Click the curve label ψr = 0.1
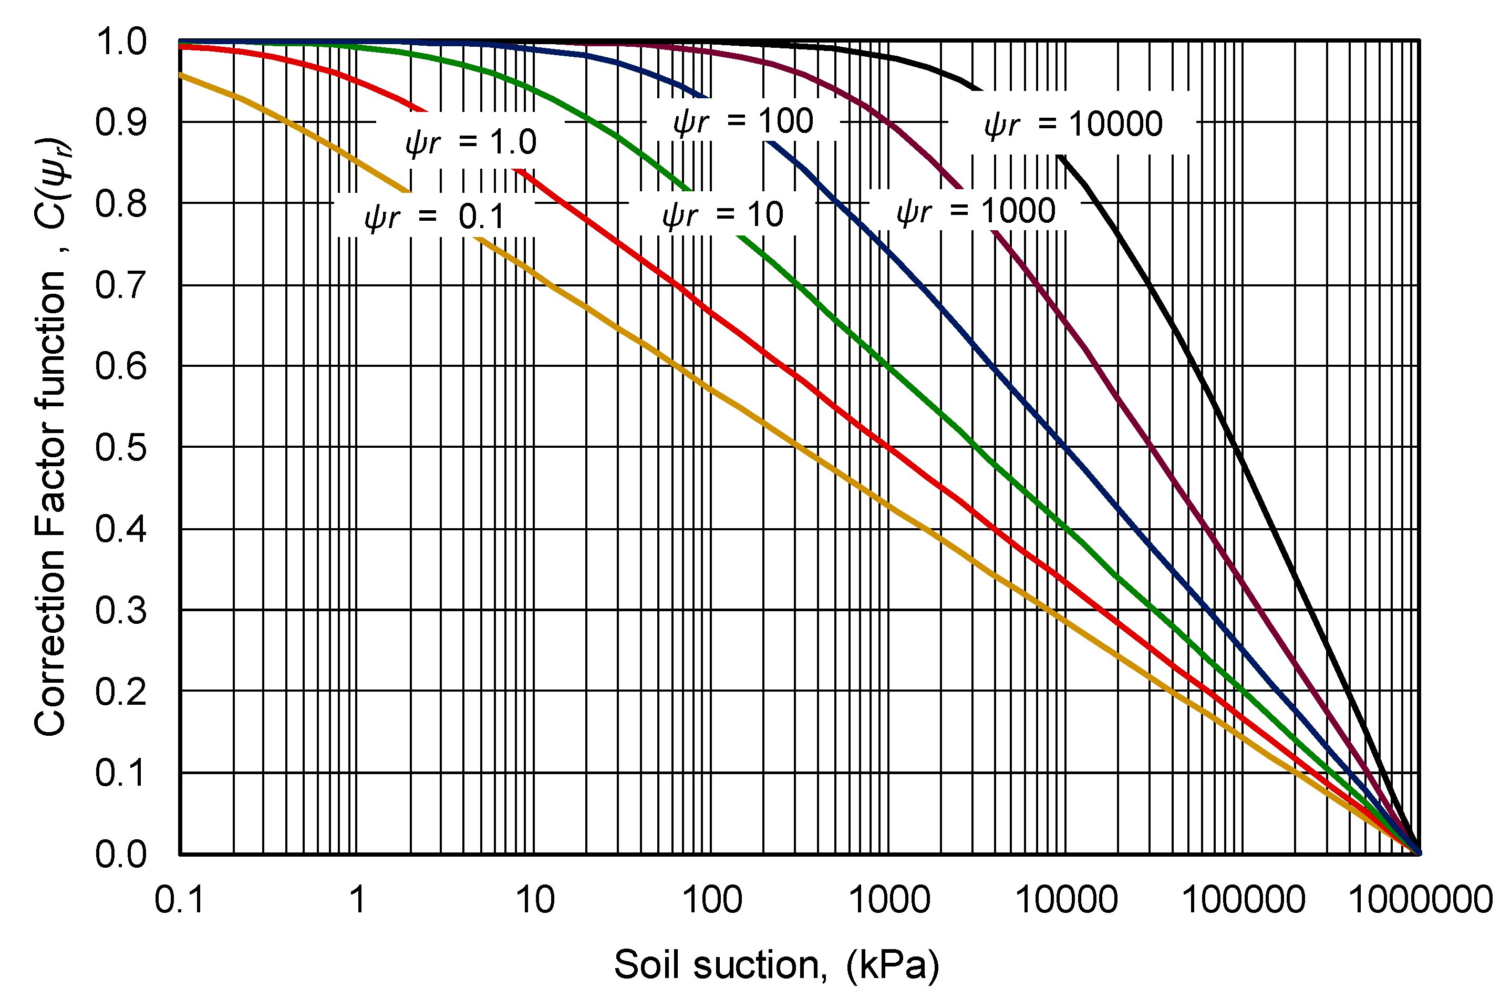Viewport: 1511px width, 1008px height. [x=435, y=217]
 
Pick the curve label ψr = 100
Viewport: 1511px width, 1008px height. [x=743, y=121]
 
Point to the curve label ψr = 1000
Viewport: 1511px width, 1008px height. [x=976, y=211]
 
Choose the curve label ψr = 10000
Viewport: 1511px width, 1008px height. [x=1073, y=124]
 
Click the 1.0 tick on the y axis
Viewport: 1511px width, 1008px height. [x=121, y=43]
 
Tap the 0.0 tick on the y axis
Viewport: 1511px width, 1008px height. [x=121, y=855]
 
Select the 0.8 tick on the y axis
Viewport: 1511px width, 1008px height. [x=121, y=204]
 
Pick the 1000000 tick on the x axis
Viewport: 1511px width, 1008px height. [x=1420, y=899]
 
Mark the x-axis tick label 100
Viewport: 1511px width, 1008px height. [x=711, y=899]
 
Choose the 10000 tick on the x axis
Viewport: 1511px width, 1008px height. [x=1066, y=899]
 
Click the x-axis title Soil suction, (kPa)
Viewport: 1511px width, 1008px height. [x=777, y=965]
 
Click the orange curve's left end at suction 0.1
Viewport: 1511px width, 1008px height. [x=181, y=75]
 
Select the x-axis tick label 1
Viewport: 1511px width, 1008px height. [x=357, y=899]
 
